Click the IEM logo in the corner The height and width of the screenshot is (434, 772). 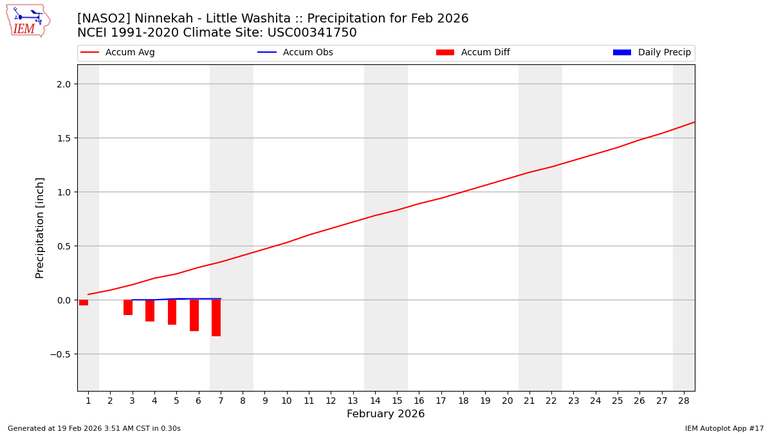click(28, 21)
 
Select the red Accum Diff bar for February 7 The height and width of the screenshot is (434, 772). click(216, 318)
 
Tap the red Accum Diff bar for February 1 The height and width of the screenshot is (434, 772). click(84, 302)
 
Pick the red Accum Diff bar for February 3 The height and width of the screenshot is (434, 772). click(128, 307)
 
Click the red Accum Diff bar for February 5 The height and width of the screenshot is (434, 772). click(172, 312)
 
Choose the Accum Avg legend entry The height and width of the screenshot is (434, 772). click(118, 53)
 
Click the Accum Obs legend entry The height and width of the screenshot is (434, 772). click(295, 53)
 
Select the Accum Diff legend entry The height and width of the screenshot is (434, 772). click(473, 53)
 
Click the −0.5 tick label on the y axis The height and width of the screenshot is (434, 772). click(62, 354)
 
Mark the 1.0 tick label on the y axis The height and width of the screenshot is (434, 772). click(64, 192)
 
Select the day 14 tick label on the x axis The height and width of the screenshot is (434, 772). click(374, 401)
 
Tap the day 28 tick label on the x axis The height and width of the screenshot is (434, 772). click(683, 401)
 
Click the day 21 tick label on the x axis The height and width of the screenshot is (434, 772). click(529, 401)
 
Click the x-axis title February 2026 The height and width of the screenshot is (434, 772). click(385, 414)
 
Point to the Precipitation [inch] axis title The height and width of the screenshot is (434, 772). click(40, 228)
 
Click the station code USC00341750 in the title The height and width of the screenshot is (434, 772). click(311, 33)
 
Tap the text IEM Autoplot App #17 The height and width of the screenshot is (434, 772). click(724, 428)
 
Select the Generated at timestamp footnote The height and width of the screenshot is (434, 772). click(94, 428)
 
